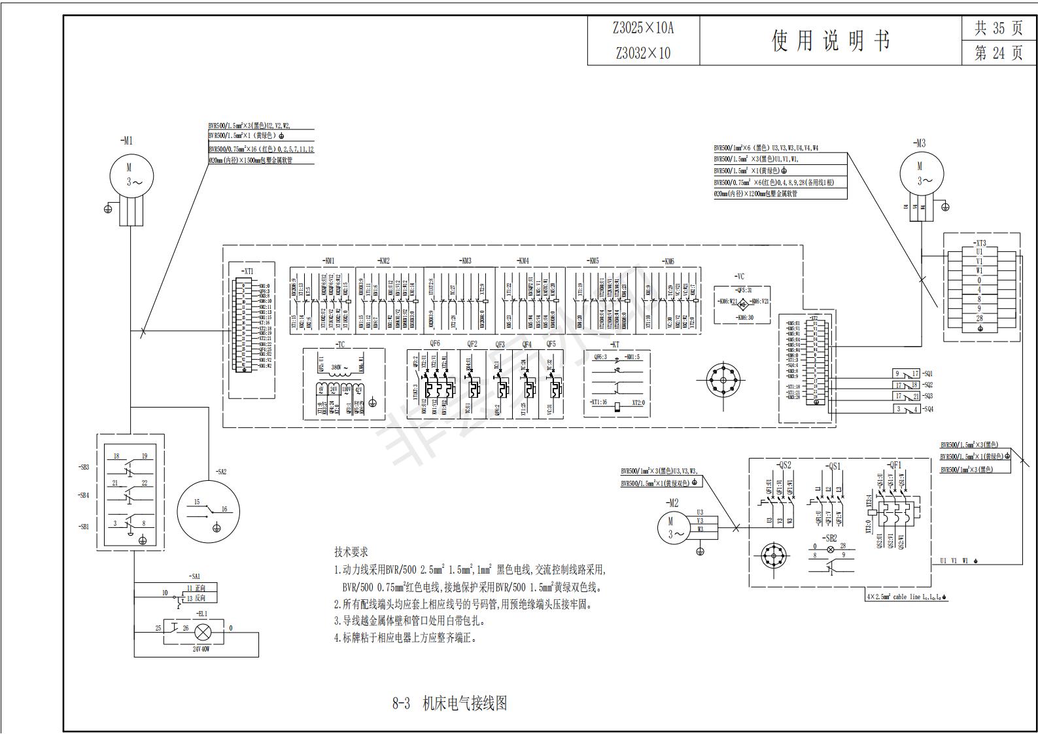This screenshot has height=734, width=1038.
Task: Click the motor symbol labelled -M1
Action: [x=131, y=175]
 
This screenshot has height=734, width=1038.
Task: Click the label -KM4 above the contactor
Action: [x=522, y=261]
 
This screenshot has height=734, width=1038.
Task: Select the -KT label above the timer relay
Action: [x=614, y=344]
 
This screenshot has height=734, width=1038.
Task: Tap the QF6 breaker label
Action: [x=435, y=344]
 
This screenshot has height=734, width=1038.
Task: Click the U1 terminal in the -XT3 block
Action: [x=979, y=252]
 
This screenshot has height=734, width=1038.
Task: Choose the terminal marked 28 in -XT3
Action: [x=979, y=319]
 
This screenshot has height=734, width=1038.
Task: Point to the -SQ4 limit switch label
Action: [x=927, y=410]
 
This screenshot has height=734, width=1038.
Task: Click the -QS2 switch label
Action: [x=784, y=466]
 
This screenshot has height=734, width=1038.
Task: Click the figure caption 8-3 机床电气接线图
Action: [x=449, y=703]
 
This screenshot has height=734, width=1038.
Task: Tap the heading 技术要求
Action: [x=351, y=552]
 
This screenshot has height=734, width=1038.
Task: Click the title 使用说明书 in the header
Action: [x=831, y=41]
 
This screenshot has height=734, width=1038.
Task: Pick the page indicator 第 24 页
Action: [x=998, y=53]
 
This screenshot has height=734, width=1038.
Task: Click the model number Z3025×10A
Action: [x=643, y=28]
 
